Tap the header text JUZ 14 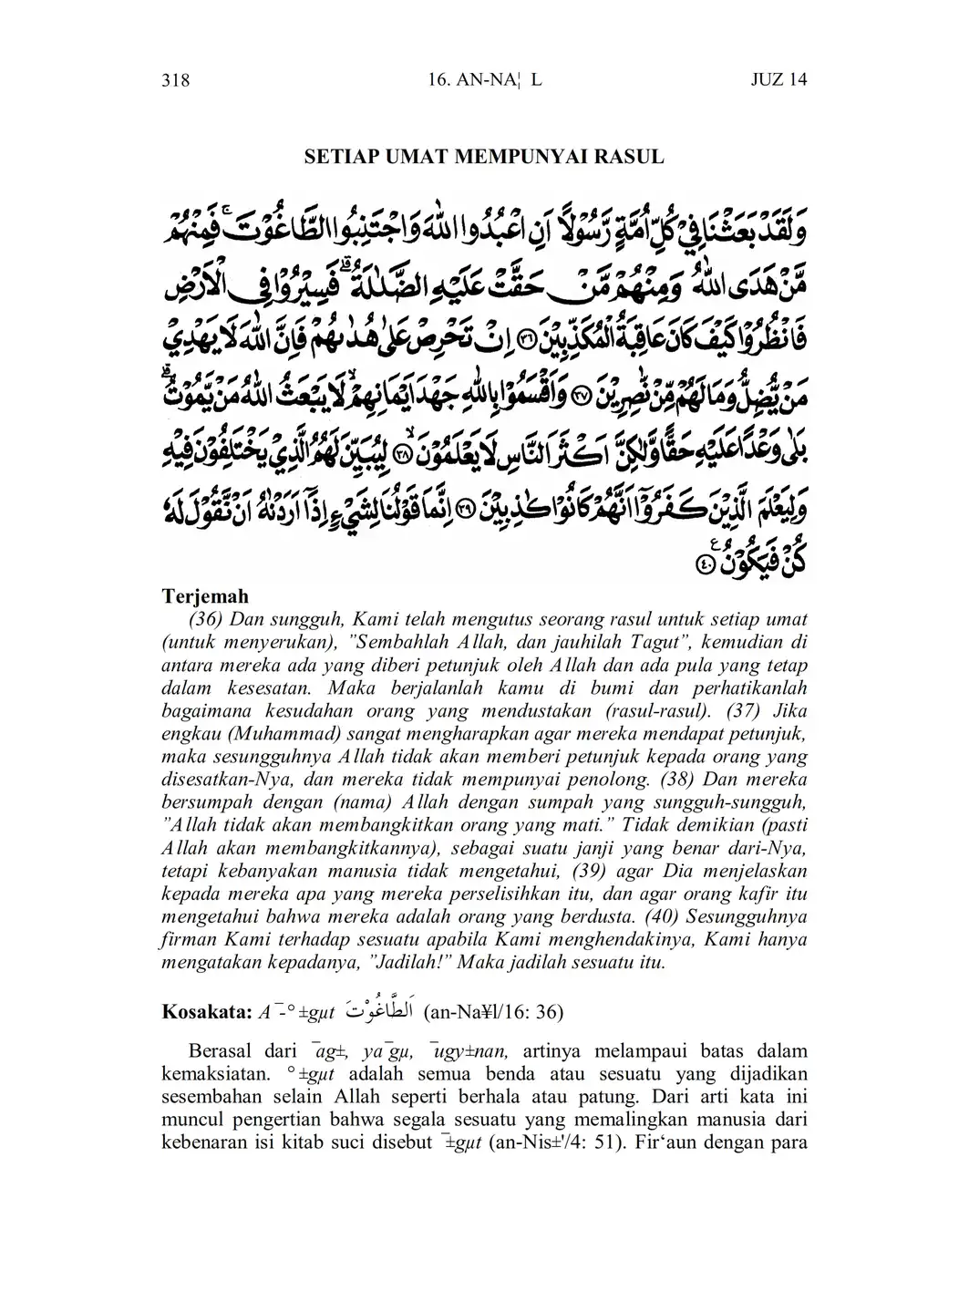[x=778, y=80]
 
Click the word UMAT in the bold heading [x=410, y=157]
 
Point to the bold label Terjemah [x=205, y=596]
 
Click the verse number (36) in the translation [x=207, y=619]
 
